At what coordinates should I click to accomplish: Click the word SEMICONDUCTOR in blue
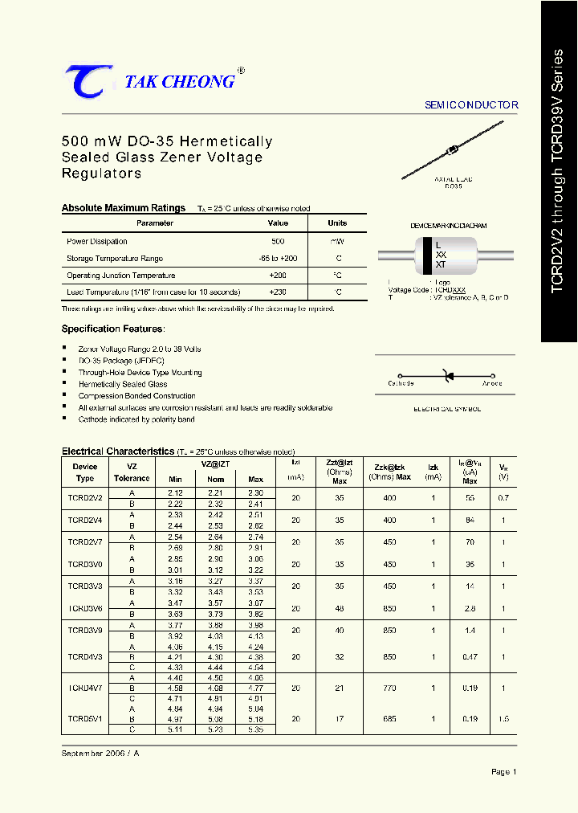pos(471,105)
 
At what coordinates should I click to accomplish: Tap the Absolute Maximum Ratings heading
pos(124,208)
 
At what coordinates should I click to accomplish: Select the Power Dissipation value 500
pos(278,241)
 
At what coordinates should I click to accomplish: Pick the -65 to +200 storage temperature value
pos(278,259)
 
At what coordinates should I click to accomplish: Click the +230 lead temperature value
pos(278,292)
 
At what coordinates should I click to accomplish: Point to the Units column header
pos(337,223)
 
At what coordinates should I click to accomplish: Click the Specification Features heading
pos(112,329)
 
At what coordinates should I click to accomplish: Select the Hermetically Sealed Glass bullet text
pos(123,384)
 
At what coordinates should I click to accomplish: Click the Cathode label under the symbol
pos(401,384)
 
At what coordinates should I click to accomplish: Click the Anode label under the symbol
pos(491,384)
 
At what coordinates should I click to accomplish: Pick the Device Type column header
pos(84,472)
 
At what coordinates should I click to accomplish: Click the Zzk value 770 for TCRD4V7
pos(390,688)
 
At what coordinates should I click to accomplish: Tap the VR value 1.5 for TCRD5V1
pos(503,719)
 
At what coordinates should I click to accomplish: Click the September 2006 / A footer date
pos(100,753)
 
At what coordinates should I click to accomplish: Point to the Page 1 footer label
pos(503,772)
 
